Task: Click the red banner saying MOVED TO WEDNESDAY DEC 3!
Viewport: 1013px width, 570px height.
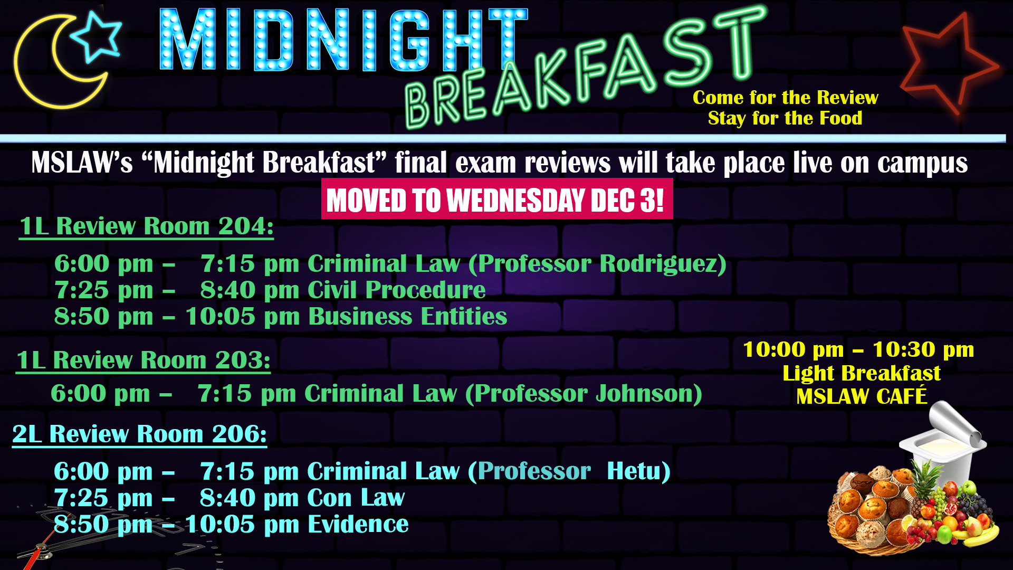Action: [497, 199]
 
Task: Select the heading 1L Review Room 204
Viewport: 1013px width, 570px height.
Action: [147, 226]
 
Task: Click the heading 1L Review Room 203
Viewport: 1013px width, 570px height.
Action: [144, 360]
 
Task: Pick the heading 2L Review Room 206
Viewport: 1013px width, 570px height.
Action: [140, 434]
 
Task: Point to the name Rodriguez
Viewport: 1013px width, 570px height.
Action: [658, 263]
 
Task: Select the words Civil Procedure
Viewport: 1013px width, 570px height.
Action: [396, 290]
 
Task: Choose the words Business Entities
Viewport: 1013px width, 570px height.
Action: [407, 316]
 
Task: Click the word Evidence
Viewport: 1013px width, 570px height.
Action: [358, 524]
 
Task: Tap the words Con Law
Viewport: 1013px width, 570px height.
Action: [356, 498]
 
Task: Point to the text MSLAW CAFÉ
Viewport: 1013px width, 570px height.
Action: [862, 396]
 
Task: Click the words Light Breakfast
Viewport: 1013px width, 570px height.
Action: [862, 373]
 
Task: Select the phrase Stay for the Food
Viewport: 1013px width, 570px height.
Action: [785, 118]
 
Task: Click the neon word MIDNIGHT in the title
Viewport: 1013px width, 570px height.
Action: [343, 40]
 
